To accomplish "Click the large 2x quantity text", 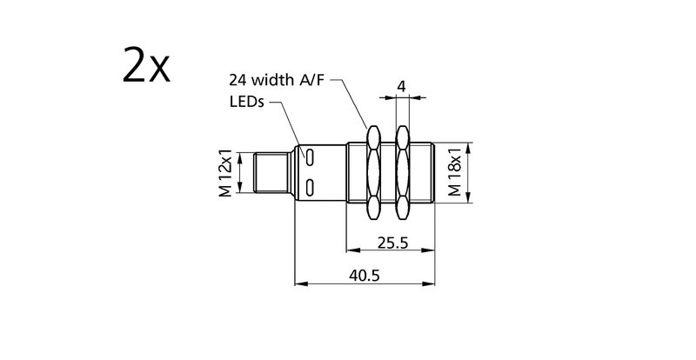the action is click(146, 66).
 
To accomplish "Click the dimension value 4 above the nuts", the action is click(401, 86).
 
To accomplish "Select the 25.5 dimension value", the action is click(393, 243).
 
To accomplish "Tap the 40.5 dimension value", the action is click(365, 276).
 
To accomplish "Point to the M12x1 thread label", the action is click(225, 173).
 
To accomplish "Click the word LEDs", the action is click(247, 102).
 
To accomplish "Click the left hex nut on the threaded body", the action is click(373, 172).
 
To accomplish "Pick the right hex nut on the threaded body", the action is click(403, 172).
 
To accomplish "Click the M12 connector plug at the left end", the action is click(271, 172).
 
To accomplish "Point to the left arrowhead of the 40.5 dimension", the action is click(300, 283).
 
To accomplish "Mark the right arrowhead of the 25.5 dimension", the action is click(429, 250).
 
